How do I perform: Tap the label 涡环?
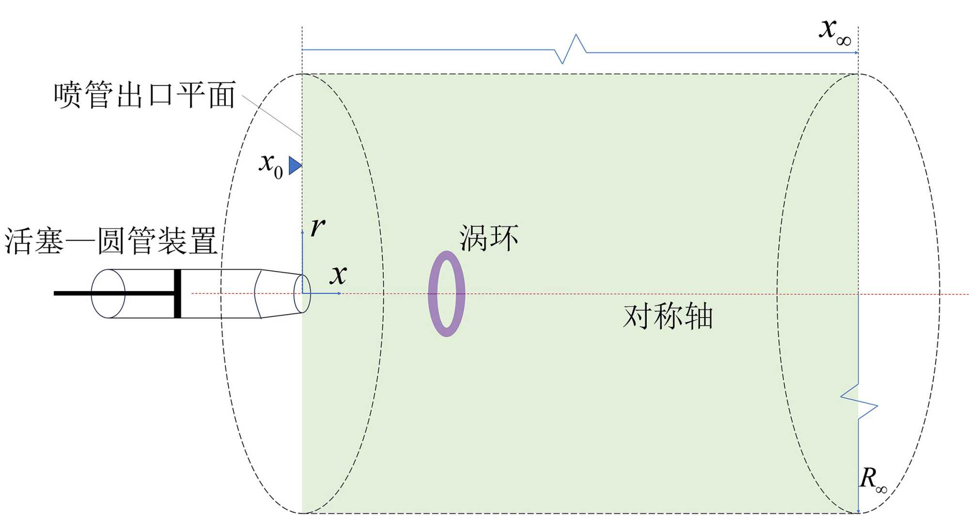click(x=488, y=238)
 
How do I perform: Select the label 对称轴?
click(x=668, y=316)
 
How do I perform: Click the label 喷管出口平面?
click(x=144, y=95)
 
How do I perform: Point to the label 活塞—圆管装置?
click(x=110, y=241)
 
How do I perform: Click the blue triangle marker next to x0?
click(x=295, y=165)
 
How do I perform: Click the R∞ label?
click(x=873, y=480)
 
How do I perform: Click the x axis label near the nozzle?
click(x=338, y=275)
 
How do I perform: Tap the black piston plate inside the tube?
click(x=177, y=293)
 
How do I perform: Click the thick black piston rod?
click(x=111, y=293)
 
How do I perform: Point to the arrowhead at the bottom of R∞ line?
click(x=859, y=511)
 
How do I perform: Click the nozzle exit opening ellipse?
click(x=302, y=294)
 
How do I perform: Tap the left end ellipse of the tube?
click(x=108, y=294)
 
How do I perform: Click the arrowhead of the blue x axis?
click(x=340, y=293)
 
